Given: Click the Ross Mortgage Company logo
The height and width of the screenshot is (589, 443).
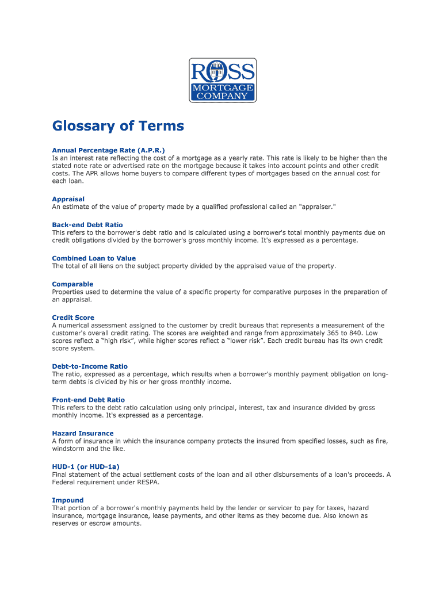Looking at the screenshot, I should (223, 81).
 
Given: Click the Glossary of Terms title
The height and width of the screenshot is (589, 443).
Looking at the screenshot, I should (118, 126).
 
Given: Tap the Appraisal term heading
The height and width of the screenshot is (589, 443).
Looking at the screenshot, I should (68, 199).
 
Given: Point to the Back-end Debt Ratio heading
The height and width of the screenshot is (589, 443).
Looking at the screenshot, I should (87, 225).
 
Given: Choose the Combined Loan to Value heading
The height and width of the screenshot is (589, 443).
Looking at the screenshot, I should (94, 258).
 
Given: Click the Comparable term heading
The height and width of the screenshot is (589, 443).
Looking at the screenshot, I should (72, 284).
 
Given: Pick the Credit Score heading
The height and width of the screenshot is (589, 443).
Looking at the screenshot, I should (73, 318).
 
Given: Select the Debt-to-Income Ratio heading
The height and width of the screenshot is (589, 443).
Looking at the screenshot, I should (90, 366).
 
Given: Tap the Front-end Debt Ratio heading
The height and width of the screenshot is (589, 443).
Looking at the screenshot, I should (88, 400).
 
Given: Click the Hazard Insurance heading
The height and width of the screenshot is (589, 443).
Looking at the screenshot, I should (83, 433).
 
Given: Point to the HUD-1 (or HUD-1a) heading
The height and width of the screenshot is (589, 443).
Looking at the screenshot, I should (86, 466).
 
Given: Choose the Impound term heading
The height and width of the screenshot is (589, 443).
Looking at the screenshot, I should (68, 500).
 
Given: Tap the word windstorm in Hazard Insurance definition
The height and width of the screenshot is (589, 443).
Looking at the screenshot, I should (70, 449).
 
